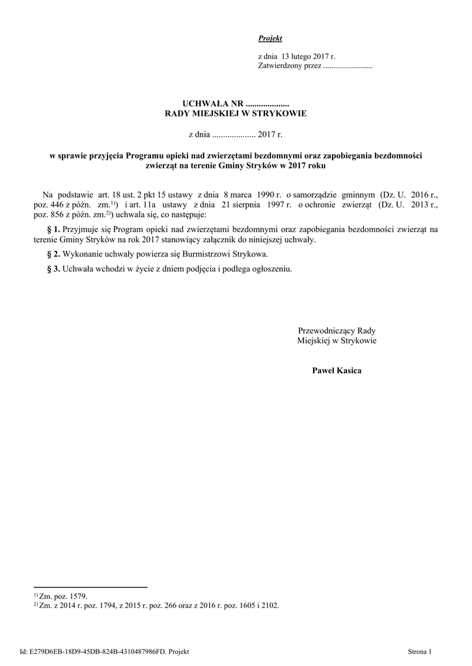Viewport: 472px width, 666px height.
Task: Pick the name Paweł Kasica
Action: (x=337, y=371)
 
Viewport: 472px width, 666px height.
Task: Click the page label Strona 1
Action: (x=419, y=651)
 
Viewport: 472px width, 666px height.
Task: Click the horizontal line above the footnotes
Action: (x=90, y=587)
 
